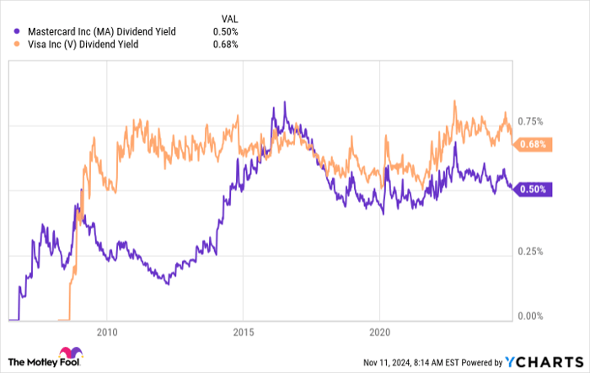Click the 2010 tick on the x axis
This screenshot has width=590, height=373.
(x=107, y=330)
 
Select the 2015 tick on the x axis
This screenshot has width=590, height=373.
(x=243, y=330)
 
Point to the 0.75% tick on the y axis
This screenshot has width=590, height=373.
(x=529, y=122)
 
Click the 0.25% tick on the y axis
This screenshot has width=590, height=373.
(x=529, y=252)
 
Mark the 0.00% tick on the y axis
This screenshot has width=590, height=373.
(x=529, y=317)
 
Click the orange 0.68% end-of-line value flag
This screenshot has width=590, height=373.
(x=534, y=145)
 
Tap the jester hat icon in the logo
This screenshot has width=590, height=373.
(x=67, y=354)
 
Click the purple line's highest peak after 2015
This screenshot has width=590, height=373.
(x=285, y=103)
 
